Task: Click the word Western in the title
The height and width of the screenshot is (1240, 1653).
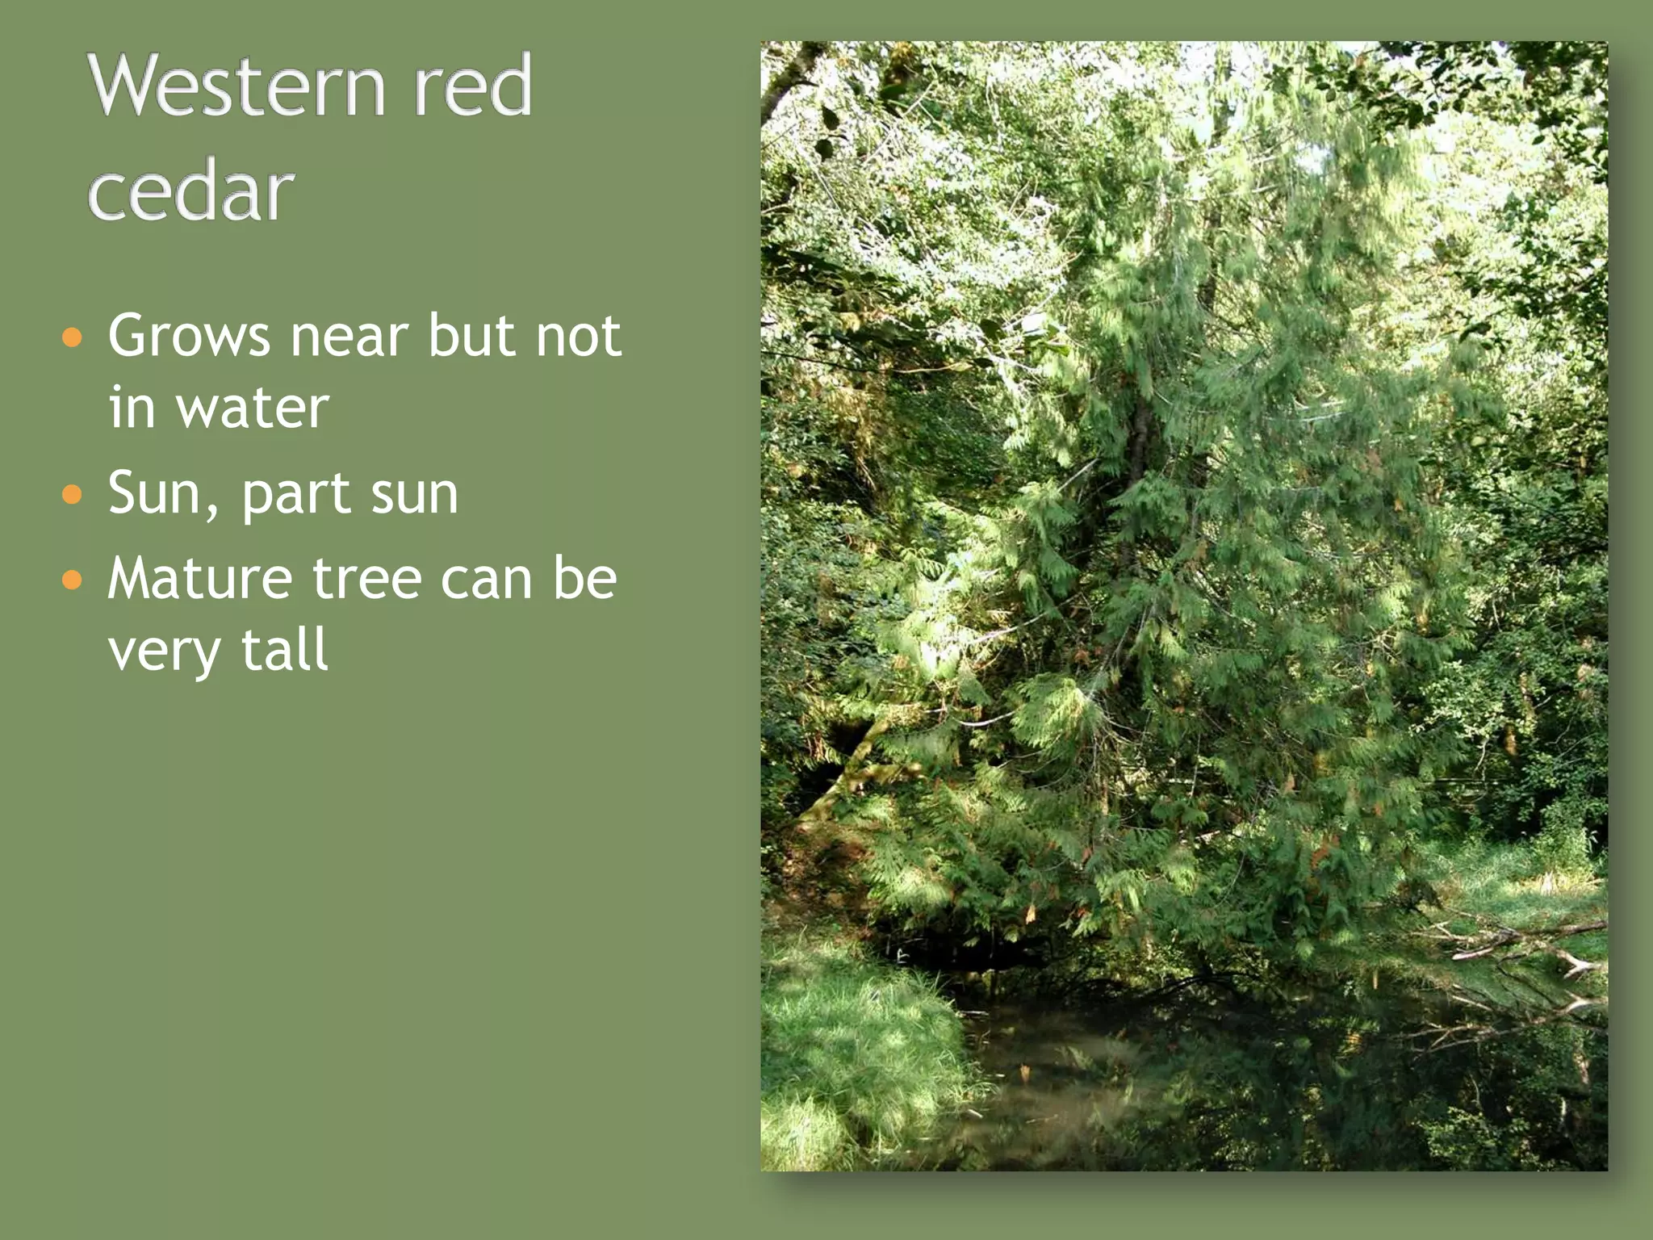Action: (x=235, y=86)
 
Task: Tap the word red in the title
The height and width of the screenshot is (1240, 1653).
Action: (x=472, y=86)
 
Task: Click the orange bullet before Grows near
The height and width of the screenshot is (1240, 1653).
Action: (x=73, y=337)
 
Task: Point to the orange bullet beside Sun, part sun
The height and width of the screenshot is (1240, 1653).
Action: (x=73, y=493)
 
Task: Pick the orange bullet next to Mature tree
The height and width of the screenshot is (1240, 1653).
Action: (x=73, y=579)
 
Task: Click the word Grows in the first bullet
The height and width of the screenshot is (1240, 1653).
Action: (x=189, y=336)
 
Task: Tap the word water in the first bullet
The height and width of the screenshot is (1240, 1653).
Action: (x=253, y=408)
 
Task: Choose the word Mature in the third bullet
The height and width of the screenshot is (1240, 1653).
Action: (x=200, y=579)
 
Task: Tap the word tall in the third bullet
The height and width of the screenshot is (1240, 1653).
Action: (x=284, y=649)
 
